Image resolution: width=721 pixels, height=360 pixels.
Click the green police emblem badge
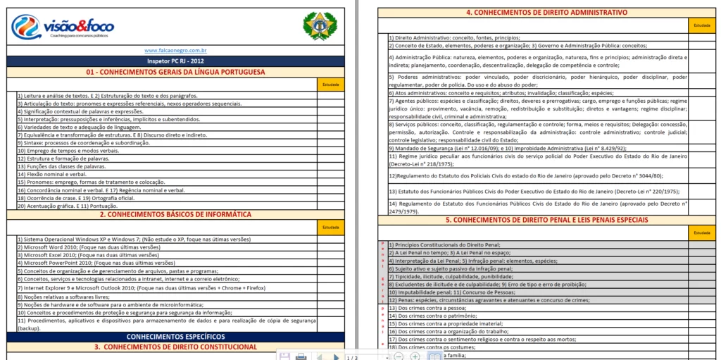[320, 26]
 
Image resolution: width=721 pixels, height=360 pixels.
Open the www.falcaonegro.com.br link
[175, 51]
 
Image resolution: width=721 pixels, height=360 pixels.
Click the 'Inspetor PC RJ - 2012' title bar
[175, 61]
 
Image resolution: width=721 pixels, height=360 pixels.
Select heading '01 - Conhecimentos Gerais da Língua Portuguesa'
[175, 72]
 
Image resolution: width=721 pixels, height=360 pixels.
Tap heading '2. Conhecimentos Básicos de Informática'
[175, 214]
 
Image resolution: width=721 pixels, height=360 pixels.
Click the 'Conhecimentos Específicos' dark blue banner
[175, 337]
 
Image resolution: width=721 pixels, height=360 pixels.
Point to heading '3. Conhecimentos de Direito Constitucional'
[175, 347]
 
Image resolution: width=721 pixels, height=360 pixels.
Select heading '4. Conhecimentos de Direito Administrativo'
[546, 13]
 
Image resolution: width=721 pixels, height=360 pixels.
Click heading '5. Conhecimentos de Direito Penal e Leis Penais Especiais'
[546, 220]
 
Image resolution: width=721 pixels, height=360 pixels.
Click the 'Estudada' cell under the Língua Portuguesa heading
[330, 85]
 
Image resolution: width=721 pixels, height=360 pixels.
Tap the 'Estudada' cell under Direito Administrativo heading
[702, 25]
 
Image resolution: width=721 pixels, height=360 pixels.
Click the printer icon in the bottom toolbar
[301, 357]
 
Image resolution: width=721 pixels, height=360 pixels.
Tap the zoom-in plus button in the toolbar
[415, 357]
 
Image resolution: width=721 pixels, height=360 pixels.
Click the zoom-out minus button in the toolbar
[398, 357]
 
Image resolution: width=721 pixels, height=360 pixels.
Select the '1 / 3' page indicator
[353, 357]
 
